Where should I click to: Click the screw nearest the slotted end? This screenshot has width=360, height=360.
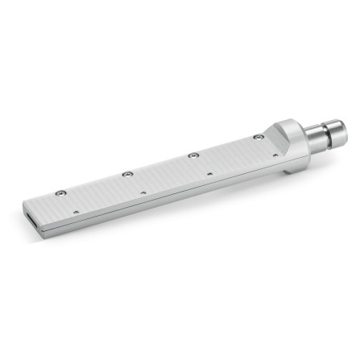coord(60,193)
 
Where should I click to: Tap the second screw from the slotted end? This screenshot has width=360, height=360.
coord(126,174)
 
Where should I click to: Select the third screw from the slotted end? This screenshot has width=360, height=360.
coord(192,155)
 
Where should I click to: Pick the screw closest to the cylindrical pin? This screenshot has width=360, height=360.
coord(257,137)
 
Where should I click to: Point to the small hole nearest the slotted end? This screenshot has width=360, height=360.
coord(77,212)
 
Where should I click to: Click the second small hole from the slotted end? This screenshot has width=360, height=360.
coord(143,192)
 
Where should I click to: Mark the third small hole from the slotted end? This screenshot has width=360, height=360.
coord(209,173)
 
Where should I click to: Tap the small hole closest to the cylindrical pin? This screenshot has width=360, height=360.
coord(275,155)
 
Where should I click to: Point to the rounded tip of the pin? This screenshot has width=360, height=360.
coord(341,131)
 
